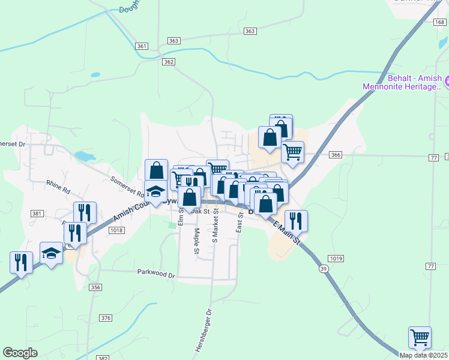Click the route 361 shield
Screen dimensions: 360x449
[x=142, y=46]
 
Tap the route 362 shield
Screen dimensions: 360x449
[x=169, y=61]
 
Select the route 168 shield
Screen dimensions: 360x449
[x=441, y=22]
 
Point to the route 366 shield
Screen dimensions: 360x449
[x=335, y=155]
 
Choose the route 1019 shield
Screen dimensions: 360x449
[x=336, y=259]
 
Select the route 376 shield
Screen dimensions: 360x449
[x=106, y=318]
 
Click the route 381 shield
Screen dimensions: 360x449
[x=37, y=214]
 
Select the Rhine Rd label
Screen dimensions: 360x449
[x=58, y=187]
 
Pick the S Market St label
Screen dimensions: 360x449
[x=215, y=226]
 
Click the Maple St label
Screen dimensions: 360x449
[x=196, y=241]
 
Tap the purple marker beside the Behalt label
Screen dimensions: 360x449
[x=445, y=80]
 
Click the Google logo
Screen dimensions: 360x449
[x=20, y=353]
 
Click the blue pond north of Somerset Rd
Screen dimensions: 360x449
[x=85, y=157]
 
